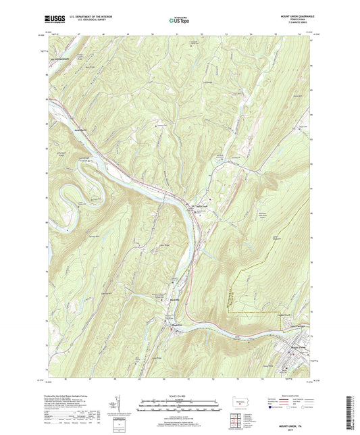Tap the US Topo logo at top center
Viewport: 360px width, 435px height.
(176, 20)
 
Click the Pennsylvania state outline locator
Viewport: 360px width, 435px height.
(236, 401)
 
